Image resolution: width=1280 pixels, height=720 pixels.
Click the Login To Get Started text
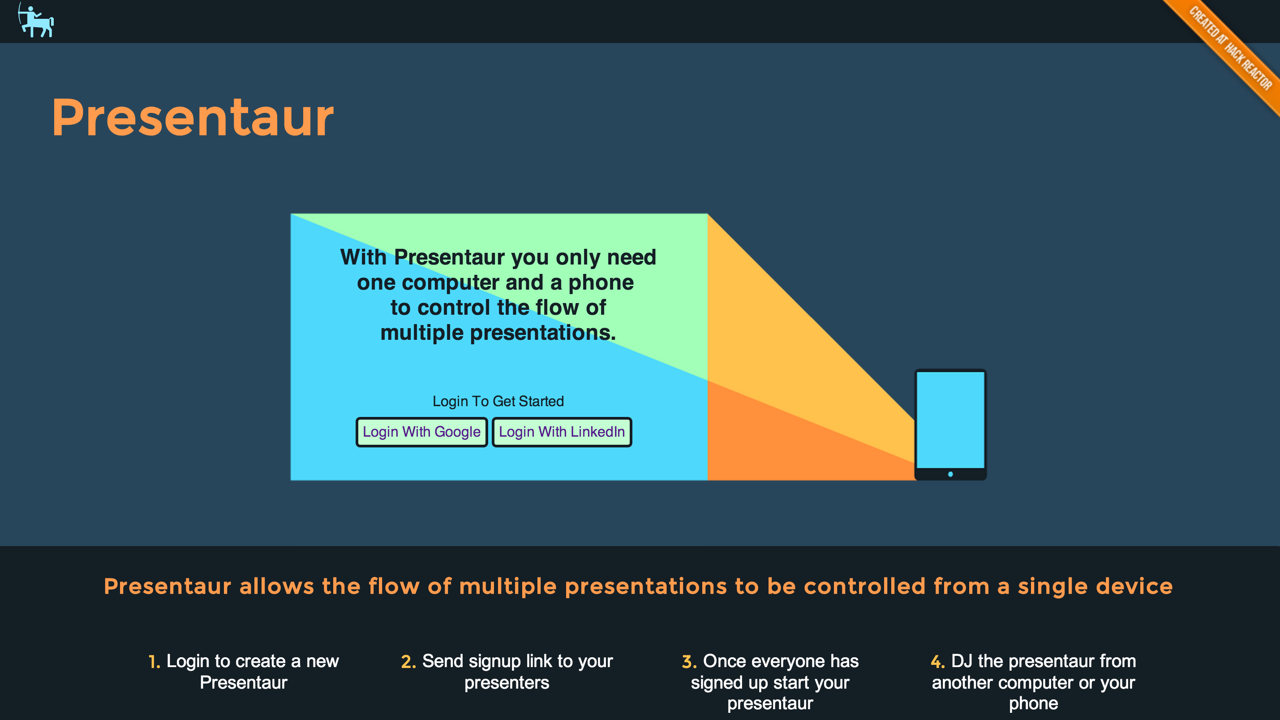click(498, 401)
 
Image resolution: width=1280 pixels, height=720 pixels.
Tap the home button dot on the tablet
click(950, 474)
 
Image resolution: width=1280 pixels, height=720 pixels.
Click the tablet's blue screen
click(950, 420)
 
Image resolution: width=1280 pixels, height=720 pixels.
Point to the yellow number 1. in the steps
click(155, 661)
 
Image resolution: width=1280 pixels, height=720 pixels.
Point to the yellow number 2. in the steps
click(408, 661)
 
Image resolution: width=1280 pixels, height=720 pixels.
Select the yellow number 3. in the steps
click(689, 661)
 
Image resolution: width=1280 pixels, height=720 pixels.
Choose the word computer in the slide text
click(450, 283)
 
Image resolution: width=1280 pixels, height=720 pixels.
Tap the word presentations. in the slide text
click(543, 333)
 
